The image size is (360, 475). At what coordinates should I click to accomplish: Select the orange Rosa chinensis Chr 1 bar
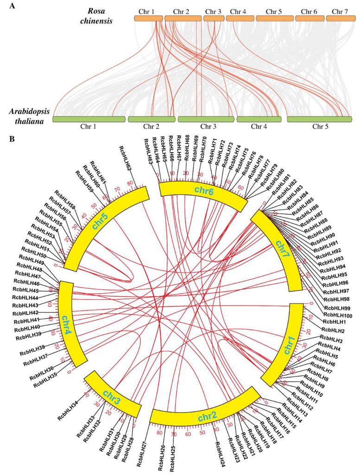coord(148,18)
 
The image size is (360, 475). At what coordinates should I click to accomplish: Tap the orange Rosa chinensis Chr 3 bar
coord(213,18)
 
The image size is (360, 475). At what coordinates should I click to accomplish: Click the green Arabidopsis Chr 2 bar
coord(151,119)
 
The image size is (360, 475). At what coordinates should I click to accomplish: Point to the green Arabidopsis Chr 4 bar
coord(259,119)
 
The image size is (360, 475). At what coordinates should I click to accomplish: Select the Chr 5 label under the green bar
coord(318,126)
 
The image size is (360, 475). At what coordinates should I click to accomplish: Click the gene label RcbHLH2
coord(333,330)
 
